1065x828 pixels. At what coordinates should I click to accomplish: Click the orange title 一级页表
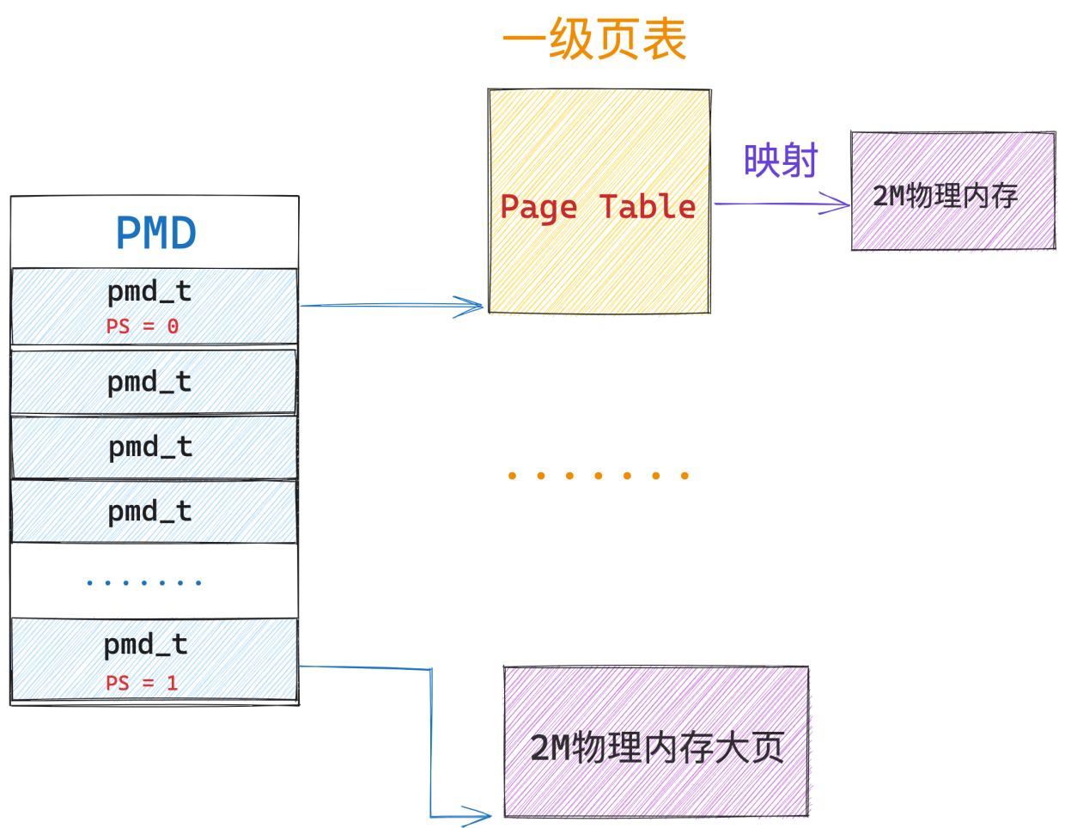pos(594,40)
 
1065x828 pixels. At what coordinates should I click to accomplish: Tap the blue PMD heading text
pos(155,234)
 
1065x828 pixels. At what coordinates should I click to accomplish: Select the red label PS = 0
pos(142,326)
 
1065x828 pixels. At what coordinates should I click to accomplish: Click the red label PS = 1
pos(141,683)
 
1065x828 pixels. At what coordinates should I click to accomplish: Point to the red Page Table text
pos(598,208)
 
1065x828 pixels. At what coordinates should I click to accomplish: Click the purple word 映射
pos(780,161)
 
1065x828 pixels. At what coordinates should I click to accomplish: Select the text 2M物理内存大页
pos(657,747)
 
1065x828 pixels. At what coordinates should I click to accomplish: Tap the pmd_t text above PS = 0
pos(149,293)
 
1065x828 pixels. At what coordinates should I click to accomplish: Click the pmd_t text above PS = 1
pos(145,645)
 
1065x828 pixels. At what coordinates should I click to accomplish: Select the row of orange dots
pos(598,475)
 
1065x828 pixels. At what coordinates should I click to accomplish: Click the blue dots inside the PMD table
pos(143,582)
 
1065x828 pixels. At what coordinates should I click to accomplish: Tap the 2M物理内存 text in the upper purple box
pos(945,197)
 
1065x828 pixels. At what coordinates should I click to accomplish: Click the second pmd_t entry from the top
pos(154,381)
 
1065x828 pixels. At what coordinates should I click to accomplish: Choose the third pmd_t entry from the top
pos(154,447)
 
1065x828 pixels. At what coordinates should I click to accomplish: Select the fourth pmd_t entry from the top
pos(154,512)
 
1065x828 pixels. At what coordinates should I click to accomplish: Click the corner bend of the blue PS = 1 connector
pos(431,669)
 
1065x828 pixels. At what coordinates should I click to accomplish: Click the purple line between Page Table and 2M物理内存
pos(782,204)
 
